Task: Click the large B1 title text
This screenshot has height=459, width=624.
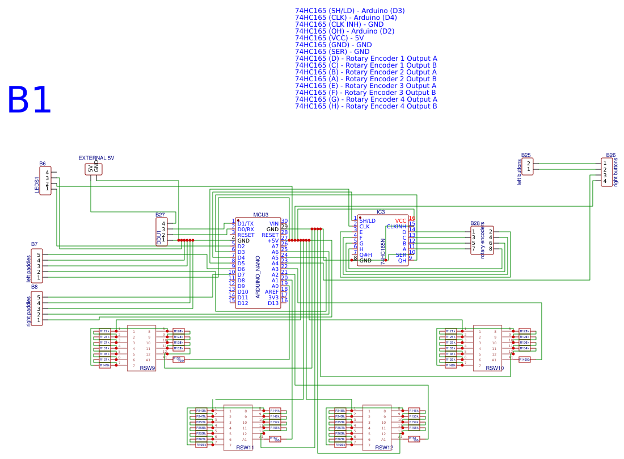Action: pos(29,101)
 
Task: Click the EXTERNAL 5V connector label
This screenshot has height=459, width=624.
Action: pos(96,158)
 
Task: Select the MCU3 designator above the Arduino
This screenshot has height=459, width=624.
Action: pos(261,215)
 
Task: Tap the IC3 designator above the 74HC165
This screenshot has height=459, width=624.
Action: pos(381,212)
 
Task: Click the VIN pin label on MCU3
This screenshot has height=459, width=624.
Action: pos(273,223)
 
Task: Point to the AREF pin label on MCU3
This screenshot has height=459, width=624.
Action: pos(272,291)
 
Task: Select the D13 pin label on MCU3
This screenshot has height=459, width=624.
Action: pos(273,303)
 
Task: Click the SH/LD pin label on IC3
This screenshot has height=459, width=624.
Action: pos(367,220)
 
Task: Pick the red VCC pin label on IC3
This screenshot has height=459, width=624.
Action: pos(400,220)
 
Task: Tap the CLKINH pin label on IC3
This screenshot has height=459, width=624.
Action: pos(396,226)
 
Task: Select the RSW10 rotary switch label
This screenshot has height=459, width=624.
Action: pos(495,368)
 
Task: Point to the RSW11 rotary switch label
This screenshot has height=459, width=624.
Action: pos(244,448)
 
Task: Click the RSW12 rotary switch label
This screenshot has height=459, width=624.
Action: pos(384,448)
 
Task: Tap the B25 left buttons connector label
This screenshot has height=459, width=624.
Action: pos(526,155)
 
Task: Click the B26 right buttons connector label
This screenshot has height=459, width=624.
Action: pos(610,155)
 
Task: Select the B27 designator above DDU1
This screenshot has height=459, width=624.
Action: pos(160,215)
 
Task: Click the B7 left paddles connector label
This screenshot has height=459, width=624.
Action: pos(35,244)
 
